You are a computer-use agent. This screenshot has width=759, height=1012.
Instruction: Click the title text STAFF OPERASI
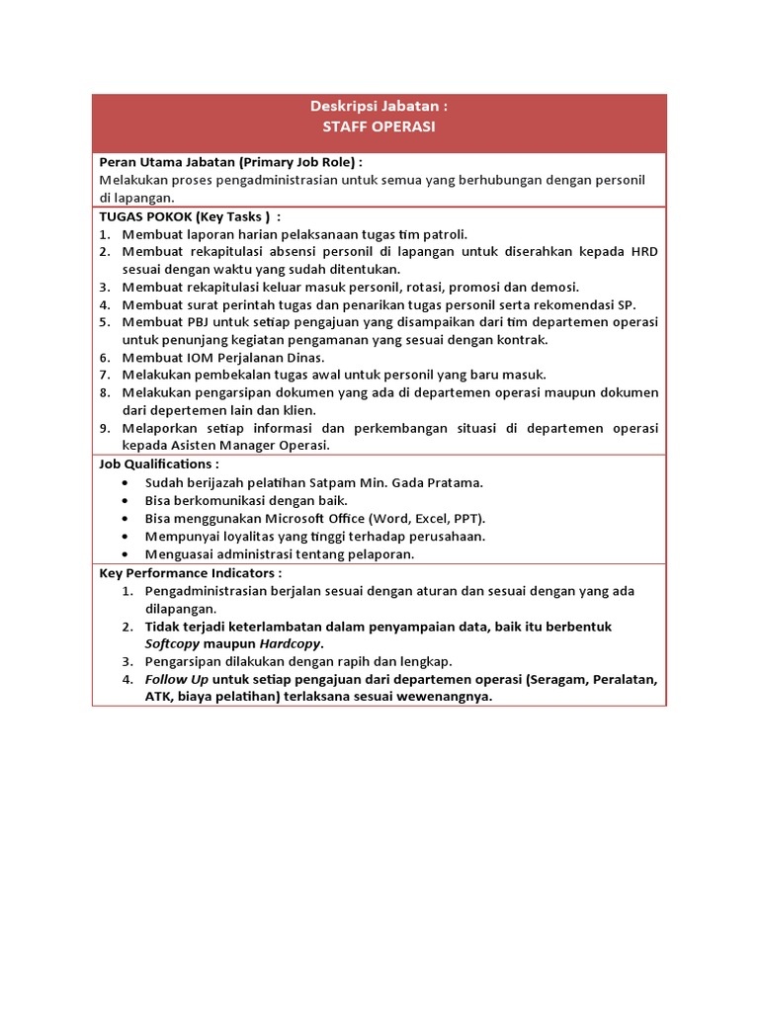click(x=379, y=126)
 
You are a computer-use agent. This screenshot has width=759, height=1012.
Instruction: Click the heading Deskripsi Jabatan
click(x=379, y=107)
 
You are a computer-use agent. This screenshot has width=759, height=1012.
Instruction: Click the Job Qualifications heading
click(x=159, y=464)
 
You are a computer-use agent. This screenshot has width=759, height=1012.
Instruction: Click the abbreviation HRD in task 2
click(x=642, y=251)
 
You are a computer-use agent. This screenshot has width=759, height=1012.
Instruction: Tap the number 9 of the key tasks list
click(x=104, y=429)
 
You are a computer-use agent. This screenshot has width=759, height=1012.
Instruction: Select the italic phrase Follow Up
click(x=174, y=680)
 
